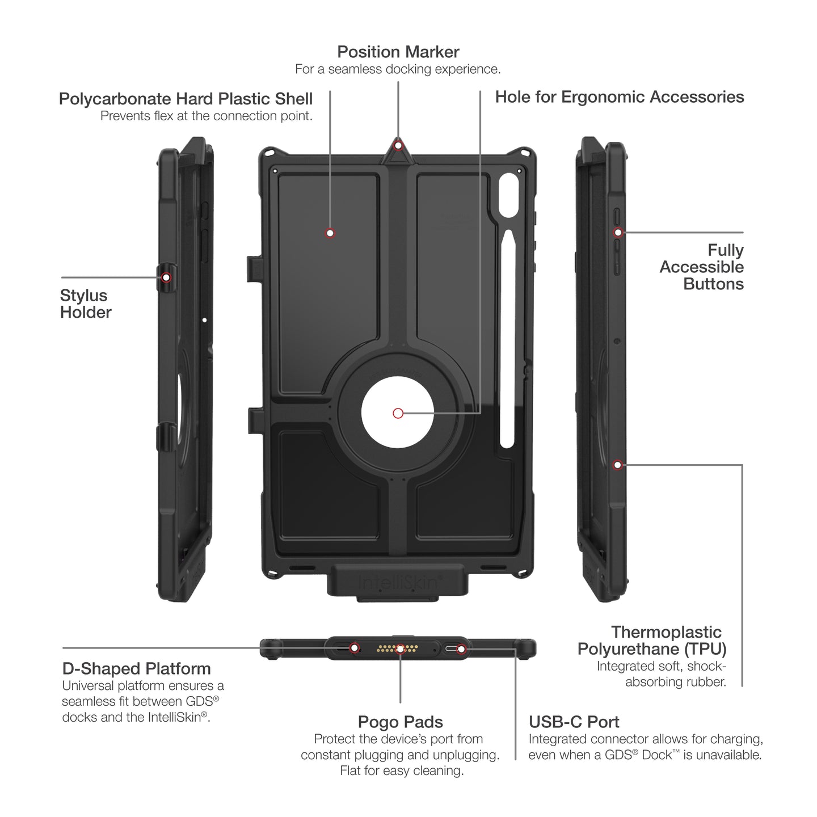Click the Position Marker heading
(398, 52)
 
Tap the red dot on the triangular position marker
(398, 146)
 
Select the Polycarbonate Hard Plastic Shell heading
(186, 99)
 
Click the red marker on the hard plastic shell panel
(330, 233)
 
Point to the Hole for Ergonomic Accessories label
(619, 97)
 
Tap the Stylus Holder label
(85, 304)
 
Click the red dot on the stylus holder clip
(166, 277)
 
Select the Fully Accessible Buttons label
(702, 267)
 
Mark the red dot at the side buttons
(618, 232)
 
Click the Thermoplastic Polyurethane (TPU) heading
(652, 641)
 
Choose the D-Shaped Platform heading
(136, 668)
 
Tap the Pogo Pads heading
(400, 722)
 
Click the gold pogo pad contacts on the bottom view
(398, 648)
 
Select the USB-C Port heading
(574, 722)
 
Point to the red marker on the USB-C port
(461, 648)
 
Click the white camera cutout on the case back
(509, 195)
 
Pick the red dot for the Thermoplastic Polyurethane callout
(618, 465)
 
